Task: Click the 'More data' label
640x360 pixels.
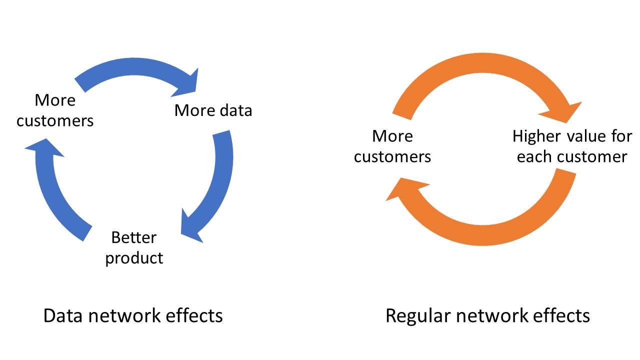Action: [213, 110]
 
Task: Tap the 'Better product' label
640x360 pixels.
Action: [134, 247]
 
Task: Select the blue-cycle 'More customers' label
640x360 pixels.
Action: [55, 110]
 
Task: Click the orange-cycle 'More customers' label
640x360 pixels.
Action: [392, 146]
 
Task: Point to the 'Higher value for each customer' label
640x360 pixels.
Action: [572, 146]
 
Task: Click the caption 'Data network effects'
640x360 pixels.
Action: [133, 316]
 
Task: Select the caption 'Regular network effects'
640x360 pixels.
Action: [487, 316]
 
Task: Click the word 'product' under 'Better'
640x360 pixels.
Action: [134, 258]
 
